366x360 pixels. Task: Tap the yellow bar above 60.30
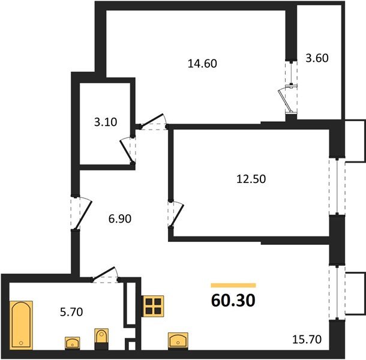click(x=233, y=286)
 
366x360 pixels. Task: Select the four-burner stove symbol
click(x=153, y=305)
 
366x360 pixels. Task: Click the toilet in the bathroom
click(x=100, y=338)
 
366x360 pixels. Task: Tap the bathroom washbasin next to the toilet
click(x=73, y=342)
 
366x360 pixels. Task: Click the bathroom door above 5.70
click(x=104, y=275)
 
